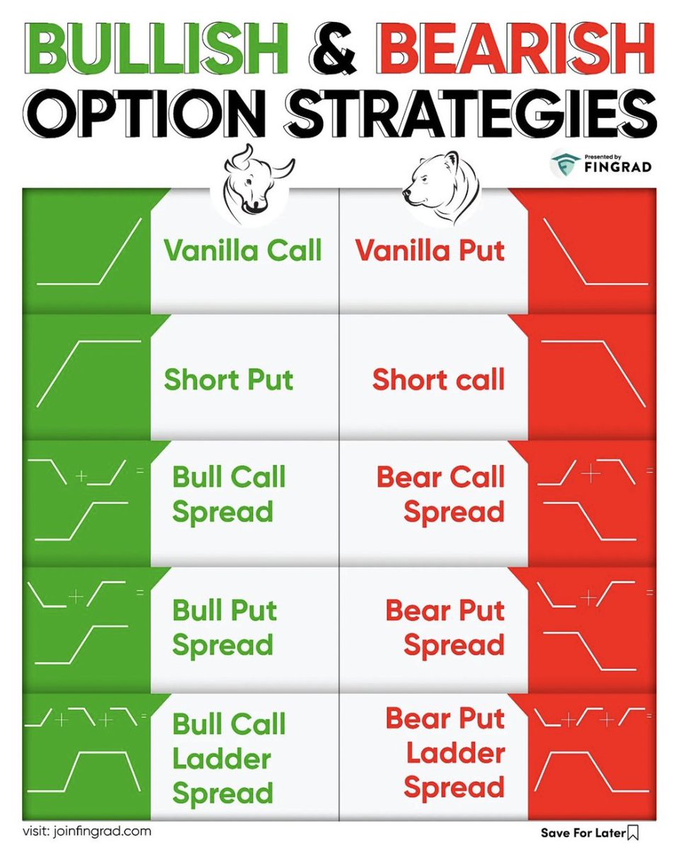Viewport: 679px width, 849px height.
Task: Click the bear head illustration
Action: click(440, 185)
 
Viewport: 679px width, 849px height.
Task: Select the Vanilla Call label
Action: click(243, 250)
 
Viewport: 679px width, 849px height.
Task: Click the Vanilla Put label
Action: click(430, 250)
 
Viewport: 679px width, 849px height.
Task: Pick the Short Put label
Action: click(229, 380)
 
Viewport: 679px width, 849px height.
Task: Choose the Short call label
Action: click(438, 380)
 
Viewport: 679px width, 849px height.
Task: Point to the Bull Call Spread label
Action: click(229, 494)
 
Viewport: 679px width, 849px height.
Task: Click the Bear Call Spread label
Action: click(441, 494)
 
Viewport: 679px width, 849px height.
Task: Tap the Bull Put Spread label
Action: click(224, 628)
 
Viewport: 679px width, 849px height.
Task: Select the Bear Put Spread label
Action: click(445, 628)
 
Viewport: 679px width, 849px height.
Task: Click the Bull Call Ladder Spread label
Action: click(229, 758)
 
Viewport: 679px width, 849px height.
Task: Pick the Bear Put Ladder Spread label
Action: click(445, 753)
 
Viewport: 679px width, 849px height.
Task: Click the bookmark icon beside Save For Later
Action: click(633, 832)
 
